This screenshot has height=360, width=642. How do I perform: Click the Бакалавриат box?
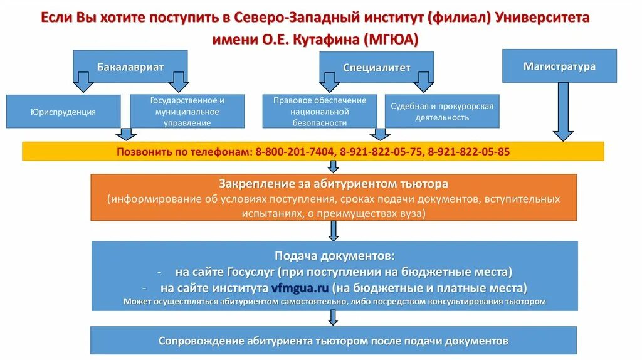pos(130,66)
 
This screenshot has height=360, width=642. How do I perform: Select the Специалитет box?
pos(376,67)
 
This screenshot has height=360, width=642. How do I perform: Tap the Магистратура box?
pos(559,66)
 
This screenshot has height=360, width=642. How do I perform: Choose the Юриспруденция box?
pos(63,112)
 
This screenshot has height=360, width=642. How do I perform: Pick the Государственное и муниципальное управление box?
pos(187,112)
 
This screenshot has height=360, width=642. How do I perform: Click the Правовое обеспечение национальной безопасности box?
pos(320,112)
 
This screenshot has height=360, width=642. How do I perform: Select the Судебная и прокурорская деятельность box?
pos(442,112)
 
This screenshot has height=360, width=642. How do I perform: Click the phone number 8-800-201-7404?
pos(295,151)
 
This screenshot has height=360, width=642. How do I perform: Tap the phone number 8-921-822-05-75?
pos(382,151)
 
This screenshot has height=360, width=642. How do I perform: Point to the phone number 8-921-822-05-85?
pos(469,151)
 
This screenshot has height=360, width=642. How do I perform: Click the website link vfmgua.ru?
pos(300,289)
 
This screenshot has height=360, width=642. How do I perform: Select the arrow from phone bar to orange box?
pos(334,166)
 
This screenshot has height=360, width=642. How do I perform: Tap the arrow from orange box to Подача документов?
pos(334,230)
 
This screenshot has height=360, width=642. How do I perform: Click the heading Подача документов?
pos(335,256)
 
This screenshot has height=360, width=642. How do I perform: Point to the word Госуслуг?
pos(247,272)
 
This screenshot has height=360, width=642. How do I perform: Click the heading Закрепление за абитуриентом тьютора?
pos(334,184)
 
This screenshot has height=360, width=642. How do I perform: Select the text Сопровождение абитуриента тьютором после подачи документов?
pos(333,341)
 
